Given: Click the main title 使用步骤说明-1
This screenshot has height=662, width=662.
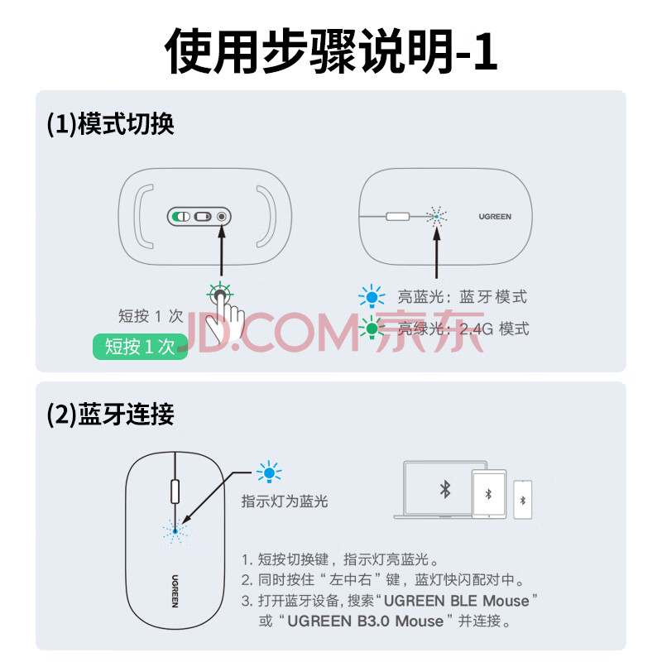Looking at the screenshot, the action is point(331,51).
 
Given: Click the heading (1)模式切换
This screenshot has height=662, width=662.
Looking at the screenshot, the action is point(111,124).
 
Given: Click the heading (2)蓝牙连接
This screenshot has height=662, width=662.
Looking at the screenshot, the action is point(111,415).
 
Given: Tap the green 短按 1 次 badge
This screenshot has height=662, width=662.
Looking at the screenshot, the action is point(140,347).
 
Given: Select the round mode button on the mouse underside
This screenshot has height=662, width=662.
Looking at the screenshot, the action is point(221,217).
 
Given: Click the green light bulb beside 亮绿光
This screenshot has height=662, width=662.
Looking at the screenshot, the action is point(372,328).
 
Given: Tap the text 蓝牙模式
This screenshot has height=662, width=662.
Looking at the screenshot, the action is point(493,297).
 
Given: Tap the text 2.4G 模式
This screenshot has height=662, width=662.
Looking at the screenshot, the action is point(494,329).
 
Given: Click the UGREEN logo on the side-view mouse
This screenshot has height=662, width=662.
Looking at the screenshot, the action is point(495,217).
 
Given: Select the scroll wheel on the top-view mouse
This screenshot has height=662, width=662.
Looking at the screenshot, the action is point(175,492).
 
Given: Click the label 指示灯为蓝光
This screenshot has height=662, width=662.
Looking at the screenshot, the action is point(285,501).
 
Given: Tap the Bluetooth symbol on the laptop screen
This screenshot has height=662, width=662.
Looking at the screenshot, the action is point(445,490).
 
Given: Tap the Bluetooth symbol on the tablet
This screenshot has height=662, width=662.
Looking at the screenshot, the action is point(488,494).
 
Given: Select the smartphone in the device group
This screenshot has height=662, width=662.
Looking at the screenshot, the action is point(523,500).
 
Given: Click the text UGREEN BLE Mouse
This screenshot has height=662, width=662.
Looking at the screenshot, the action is point(457,601).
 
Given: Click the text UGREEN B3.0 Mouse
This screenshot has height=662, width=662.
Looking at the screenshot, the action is point(366,621).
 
